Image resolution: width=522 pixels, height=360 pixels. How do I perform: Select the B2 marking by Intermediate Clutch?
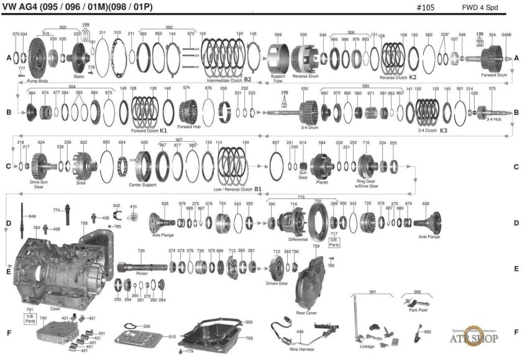tap(247, 80)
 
